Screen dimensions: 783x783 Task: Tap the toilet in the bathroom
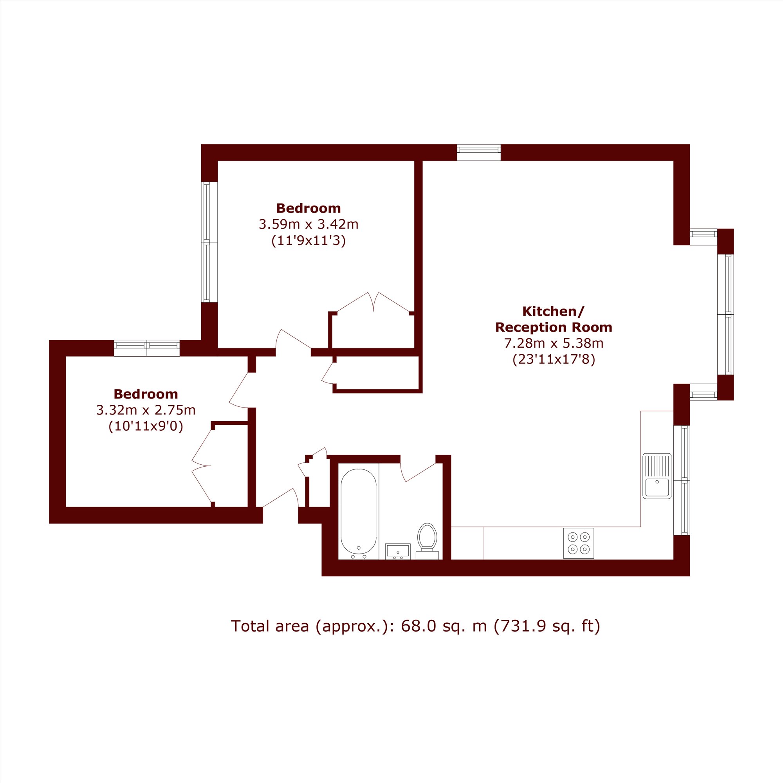(427, 541)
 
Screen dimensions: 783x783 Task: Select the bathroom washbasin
(398, 551)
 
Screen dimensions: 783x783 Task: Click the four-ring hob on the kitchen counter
(578, 543)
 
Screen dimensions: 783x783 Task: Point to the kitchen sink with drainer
(657, 476)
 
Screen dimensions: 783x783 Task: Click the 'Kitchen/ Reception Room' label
(554, 319)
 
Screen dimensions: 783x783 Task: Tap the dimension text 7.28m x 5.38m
(554, 343)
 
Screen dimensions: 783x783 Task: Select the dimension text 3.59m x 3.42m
(309, 224)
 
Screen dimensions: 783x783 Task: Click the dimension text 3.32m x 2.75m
(146, 410)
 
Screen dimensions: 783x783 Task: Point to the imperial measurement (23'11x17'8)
(554, 359)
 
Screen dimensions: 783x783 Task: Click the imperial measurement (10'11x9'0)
(146, 426)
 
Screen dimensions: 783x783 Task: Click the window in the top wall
(479, 152)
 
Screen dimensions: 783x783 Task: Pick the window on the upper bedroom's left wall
(209, 242)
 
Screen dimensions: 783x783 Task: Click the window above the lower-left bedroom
(147, 348)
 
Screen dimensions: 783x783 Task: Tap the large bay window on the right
(725, 314)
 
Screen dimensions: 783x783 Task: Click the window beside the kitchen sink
(682, 480)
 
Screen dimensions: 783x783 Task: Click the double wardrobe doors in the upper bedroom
(373, 302)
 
